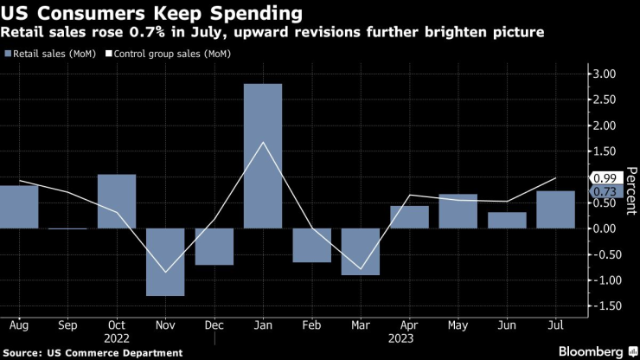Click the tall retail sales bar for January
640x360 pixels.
263,156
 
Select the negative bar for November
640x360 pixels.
165,261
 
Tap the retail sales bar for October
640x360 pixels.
117,201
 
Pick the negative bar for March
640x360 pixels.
361,251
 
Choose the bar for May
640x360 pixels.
458,211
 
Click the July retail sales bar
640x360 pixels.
555,209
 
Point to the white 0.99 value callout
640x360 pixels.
603,177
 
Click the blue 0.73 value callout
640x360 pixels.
603,191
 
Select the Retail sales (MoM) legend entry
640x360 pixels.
58,54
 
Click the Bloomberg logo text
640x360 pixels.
592,350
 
